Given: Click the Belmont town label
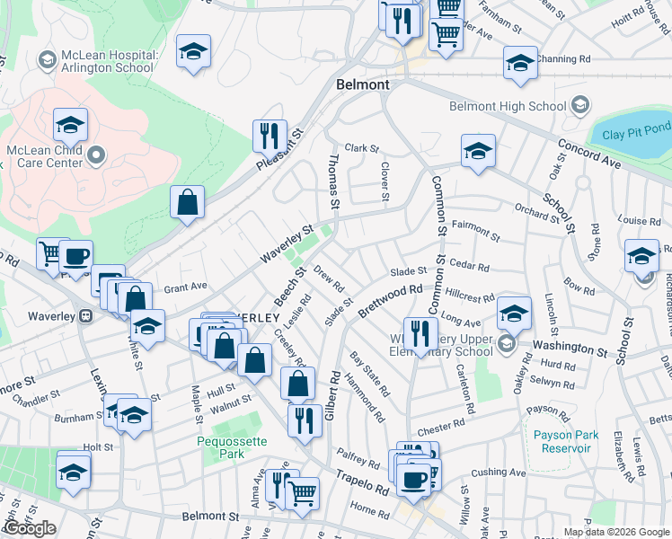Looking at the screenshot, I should coord(362,84).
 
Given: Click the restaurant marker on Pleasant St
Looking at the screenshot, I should coord(270,137).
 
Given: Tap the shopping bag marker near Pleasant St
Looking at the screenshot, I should coord(187,202).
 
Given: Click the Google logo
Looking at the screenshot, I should coord(30,528).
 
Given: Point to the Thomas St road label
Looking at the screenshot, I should coord(333,181).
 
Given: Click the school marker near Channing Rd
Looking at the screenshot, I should coord(519,63).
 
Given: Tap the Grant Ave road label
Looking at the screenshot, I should coord(186,287).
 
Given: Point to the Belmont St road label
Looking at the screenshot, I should coord(210,517).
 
